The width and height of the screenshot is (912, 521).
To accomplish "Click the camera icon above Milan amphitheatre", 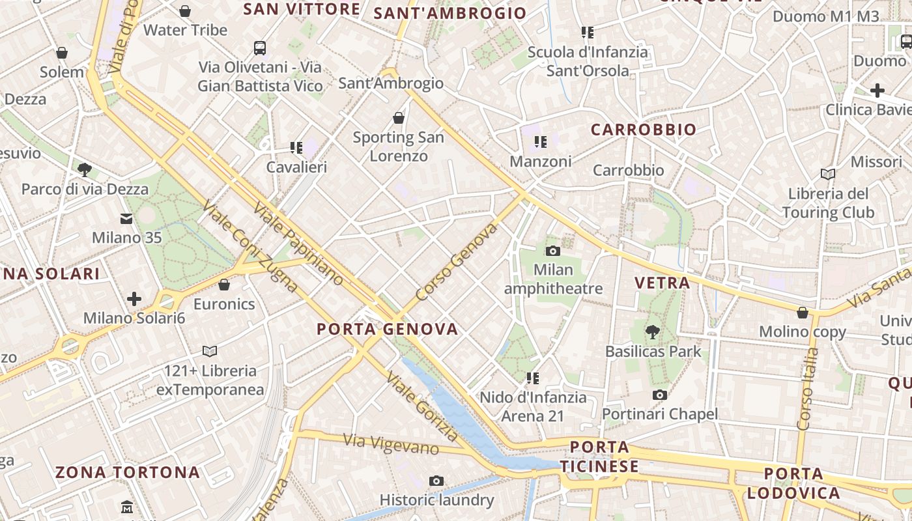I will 552,251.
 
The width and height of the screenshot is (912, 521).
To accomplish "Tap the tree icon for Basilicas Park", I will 652,332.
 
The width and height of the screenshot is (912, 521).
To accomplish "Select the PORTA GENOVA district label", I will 388,329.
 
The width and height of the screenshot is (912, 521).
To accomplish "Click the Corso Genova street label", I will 456,262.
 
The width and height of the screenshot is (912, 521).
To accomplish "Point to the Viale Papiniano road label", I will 299,244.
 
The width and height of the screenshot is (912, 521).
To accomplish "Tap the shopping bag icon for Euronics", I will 224,285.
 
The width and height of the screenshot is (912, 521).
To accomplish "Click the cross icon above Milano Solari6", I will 134,299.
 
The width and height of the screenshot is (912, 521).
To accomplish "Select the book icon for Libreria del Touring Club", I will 828,174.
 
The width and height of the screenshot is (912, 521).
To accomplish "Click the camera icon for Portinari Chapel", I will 660,395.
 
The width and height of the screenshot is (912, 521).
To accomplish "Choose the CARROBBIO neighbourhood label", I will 644,130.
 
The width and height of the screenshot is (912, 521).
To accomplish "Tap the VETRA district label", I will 662,283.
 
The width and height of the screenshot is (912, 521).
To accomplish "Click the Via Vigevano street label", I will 391,445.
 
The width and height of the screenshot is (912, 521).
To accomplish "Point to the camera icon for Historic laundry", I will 436,481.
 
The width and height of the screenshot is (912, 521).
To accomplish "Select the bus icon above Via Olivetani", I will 260,48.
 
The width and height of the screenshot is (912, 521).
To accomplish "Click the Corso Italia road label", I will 807,389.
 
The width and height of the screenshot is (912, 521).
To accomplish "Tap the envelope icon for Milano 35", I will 126,219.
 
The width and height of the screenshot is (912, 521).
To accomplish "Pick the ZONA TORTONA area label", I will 128,472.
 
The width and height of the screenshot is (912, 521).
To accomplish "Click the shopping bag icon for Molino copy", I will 803,313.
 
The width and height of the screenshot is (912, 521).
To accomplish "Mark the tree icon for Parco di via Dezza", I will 84,170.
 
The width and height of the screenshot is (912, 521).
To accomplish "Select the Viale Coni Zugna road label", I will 250,246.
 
